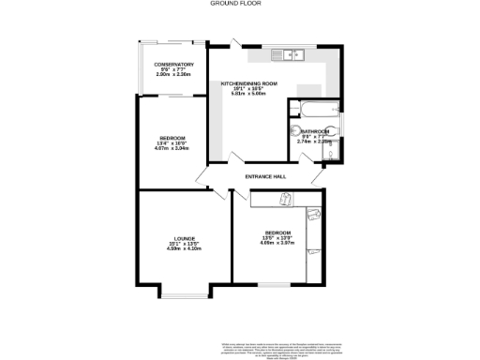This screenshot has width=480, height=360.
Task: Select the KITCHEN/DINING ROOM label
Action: pos(249,83)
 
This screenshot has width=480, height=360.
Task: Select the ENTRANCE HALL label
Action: pos(264,176)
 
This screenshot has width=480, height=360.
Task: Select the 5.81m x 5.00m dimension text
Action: pos(249,94)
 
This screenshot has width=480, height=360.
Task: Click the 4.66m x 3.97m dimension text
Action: pos(277,242)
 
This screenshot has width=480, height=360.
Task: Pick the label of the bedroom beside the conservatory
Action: pos(172,138)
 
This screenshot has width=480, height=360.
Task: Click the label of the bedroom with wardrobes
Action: pos(277,232)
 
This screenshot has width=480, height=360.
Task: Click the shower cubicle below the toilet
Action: pos(335,151)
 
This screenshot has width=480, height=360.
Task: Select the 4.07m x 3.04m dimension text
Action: pos(172,148)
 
